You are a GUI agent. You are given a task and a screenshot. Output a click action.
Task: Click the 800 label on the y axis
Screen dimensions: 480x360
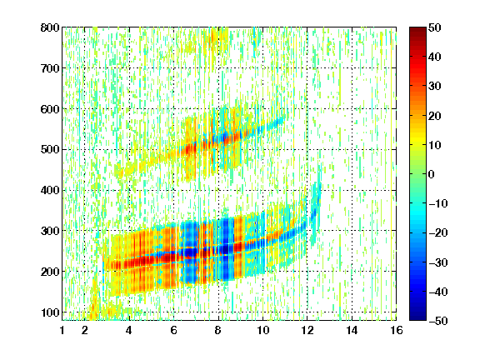[50, 27]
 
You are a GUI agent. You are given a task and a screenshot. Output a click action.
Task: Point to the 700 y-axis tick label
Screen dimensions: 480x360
[50, 68]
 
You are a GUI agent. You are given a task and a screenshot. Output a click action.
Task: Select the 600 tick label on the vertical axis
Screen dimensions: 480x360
[50, 109]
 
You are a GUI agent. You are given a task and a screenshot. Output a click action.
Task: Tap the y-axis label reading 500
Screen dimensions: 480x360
[50, 150]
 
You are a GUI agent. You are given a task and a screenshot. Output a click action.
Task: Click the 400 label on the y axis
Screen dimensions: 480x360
[50, 190]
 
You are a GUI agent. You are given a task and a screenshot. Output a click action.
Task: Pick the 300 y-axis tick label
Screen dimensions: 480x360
[50, 231]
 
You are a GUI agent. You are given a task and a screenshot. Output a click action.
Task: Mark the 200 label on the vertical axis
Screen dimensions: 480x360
[50, 272]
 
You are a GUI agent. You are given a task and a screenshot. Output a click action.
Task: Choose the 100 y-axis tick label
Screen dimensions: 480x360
[50, 312]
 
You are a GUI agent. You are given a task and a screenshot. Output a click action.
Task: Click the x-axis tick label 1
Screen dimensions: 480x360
[62, 330]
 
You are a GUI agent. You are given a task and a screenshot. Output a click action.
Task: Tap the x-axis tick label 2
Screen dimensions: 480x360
[84, 330]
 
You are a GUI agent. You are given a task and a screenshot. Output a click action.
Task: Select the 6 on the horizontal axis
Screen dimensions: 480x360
[173, 330]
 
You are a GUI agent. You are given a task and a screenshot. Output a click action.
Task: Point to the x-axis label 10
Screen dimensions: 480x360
[262, 330]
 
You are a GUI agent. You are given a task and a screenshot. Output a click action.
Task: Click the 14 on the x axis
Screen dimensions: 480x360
[352, 330]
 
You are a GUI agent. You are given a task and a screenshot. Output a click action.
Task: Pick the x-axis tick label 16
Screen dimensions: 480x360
[397, 330]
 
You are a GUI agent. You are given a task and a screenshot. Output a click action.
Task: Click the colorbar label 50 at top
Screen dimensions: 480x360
[434, 27]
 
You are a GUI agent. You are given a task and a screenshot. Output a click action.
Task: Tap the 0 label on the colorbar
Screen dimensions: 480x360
[432, 174]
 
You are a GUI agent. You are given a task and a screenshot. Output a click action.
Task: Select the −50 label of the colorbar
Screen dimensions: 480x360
[438, 321]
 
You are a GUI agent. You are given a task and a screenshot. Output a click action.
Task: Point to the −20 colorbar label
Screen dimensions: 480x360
[438, 233]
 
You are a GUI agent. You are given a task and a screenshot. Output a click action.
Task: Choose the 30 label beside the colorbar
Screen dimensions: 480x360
[434, 87]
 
